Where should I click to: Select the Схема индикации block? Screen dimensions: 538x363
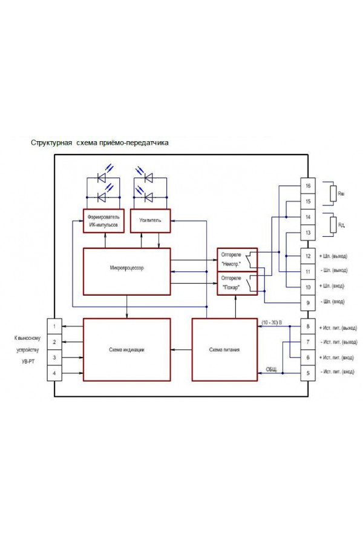point(127,350)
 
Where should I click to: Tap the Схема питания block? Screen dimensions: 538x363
point(225,350)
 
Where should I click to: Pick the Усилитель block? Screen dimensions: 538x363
point(150,220)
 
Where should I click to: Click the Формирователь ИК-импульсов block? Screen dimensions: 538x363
point(104,220)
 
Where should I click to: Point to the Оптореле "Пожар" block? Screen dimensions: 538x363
point(237,283)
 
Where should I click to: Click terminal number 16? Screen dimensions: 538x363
point(308,185)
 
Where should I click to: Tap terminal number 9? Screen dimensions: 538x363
point(308,302)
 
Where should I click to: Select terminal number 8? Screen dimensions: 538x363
point(308,327)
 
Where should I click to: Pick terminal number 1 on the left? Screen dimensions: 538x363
point(54,327)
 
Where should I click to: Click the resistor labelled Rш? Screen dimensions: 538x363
point(332,193)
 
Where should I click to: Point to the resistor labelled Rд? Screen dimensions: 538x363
point(332,225)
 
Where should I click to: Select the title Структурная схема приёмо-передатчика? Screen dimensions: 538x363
point(100,144)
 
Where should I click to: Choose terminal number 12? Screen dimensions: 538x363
point(308,256)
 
